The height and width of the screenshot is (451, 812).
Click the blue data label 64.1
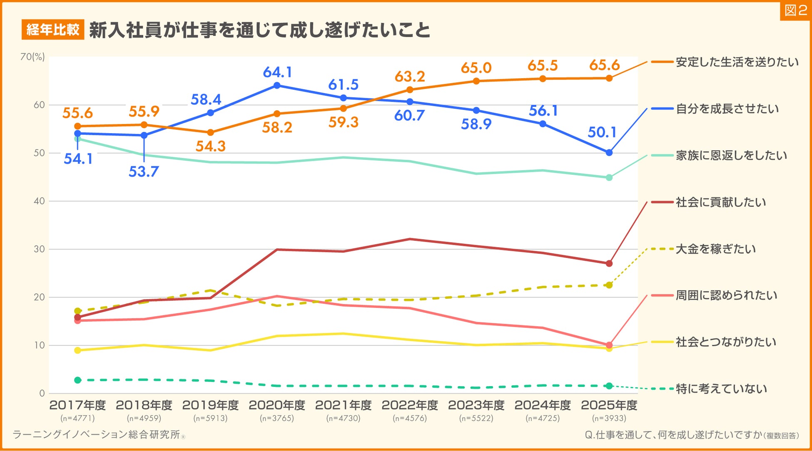[277, 72]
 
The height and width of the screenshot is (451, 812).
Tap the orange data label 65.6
[604, 65]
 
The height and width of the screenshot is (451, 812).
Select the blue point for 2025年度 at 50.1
[609, 153]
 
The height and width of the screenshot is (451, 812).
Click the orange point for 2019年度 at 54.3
[210, 132]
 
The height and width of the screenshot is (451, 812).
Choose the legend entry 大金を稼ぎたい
[715, 249]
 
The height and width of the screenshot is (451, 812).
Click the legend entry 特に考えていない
[721, 389]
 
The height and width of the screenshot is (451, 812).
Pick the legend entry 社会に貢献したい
[720, 202]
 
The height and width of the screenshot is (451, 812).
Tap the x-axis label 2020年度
[277, 405]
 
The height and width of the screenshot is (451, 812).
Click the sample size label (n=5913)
[210, 418]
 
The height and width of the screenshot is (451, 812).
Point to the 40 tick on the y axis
[39, 201]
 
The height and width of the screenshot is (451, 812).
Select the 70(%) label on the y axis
[32, 57]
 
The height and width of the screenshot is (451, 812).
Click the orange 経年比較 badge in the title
[53, 30]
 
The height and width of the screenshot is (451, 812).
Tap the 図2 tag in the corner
[795, 10]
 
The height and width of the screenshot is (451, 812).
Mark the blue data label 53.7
[143, 172]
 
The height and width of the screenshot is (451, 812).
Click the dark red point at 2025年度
[609, 263]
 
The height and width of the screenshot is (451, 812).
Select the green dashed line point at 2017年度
[77, 380]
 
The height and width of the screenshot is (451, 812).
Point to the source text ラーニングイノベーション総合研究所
[97, 435]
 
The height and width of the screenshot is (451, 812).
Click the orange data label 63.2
[410, 77]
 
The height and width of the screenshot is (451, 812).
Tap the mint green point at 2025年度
[609, 178]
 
